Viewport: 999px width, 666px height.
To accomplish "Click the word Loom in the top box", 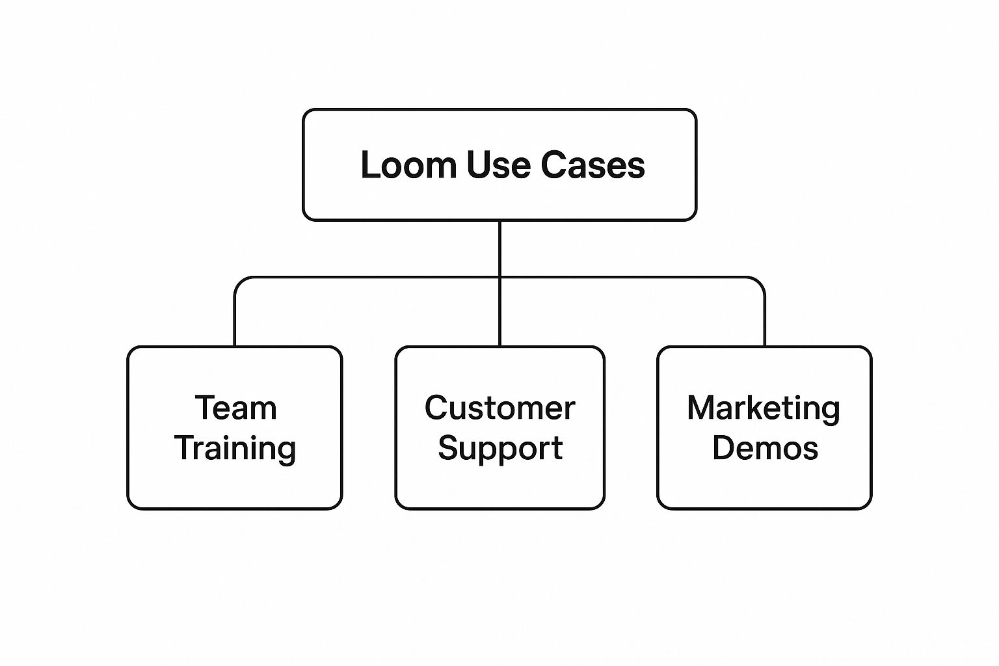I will (x=409, y=165).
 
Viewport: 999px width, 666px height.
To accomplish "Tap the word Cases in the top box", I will (x=593, y=165).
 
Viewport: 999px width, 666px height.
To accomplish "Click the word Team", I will (x=235, y=408).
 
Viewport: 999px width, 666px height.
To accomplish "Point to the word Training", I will (x=235, y=449).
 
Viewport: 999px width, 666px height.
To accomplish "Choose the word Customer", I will (x=499, y=408).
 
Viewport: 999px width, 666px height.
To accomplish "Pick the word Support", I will (x=499, y=449).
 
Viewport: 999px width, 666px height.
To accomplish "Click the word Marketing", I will (x=764, y=409).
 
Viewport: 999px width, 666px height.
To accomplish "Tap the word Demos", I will (x=765, y=449).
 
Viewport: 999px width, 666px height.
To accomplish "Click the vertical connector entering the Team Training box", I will (x=235, y=322).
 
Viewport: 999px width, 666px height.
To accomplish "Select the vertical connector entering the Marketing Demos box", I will (x=764, y=322).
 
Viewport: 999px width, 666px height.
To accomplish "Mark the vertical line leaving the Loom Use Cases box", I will (x=499, y=247).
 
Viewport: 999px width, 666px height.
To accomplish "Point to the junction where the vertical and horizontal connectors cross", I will (x=499, y=278).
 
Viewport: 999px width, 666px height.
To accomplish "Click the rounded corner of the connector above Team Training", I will (x=239, y=282).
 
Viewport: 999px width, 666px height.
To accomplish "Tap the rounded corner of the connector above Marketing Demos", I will (x=760, y=282).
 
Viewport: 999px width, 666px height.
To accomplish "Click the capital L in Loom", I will (x=369, y=165).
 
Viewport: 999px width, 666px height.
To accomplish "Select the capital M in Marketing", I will (x=700, y=408).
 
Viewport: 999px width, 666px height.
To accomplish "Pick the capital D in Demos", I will (x=723, y=448).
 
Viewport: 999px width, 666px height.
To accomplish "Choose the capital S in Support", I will (x=448, y=448).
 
